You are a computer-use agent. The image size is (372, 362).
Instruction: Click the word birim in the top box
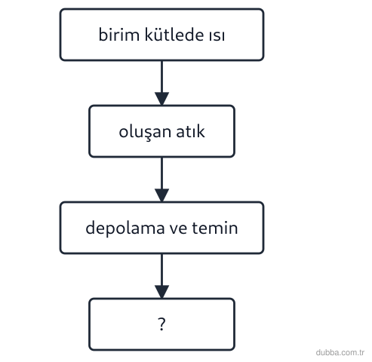[119, 35]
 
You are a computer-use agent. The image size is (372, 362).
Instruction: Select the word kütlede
[174, 34]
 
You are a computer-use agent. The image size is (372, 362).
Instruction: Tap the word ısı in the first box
[217, 35]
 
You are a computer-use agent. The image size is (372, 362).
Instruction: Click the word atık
[190, 131]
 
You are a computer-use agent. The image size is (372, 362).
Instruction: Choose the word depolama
[125, 229]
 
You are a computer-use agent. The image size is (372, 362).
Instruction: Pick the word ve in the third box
[178, 229]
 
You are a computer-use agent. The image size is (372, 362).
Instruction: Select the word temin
[215, 228]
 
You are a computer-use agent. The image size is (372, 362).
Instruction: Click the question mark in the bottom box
[161, 324]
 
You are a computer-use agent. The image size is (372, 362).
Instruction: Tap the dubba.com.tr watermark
[340, 352]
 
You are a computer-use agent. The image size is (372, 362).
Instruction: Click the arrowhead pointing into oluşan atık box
[161, 99]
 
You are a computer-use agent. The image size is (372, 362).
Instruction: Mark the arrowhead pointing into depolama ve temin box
[161, 195]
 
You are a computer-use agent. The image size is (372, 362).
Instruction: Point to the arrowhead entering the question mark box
[161, 292]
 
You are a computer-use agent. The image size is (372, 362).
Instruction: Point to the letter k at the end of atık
[201, 131]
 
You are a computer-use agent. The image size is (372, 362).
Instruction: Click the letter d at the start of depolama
[90, 228]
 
